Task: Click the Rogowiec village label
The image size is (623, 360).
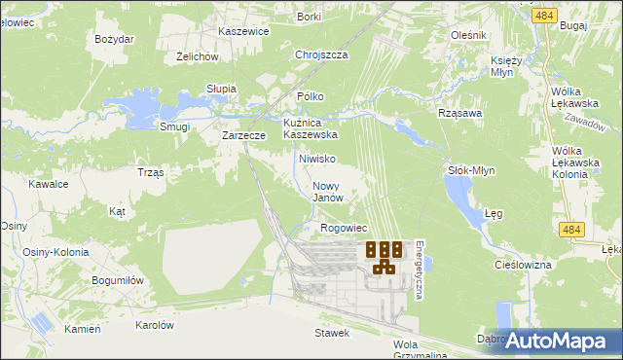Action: (x=343, y=228)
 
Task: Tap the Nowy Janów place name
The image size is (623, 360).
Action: (x=328, y=191)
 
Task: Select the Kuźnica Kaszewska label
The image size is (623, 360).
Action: (x=310, y=129)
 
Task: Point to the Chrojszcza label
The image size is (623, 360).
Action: (x=321, y=55)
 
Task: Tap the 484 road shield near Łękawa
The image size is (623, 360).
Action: (x=572, y=228)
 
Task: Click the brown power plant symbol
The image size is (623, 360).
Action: (x=384, y=257)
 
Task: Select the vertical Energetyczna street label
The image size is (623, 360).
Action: (x=418, y=270)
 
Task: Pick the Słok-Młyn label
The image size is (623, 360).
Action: (x=471, y=170)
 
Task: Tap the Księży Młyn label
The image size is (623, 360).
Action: (x=506, y=67)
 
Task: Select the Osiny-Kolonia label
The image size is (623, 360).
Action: (x=55, y=252)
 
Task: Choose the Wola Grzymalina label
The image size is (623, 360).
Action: (x=419, y=350)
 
